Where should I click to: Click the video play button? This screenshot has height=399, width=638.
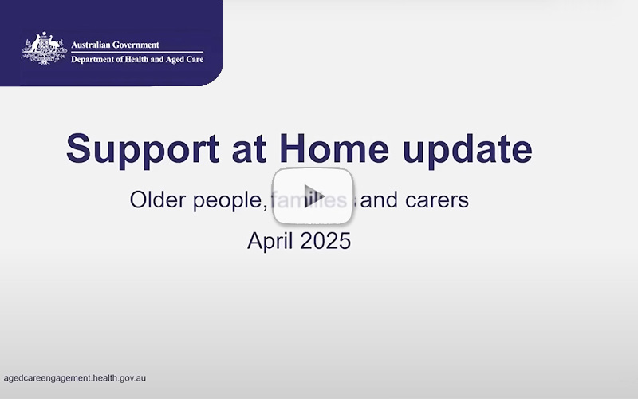(313, 196)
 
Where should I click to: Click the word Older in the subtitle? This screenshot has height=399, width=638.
(157, 199)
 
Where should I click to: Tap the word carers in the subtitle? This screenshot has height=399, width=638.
(436, 200)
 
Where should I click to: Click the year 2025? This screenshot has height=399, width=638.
(325, 240)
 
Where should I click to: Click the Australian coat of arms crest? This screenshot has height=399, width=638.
(43, 49)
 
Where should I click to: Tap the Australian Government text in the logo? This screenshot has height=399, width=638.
(115, 45)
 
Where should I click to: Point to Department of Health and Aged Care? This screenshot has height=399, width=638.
(126, 60)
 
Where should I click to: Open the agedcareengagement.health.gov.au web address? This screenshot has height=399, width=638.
(75, 378)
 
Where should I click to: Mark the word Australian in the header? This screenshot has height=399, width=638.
(93, 45)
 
